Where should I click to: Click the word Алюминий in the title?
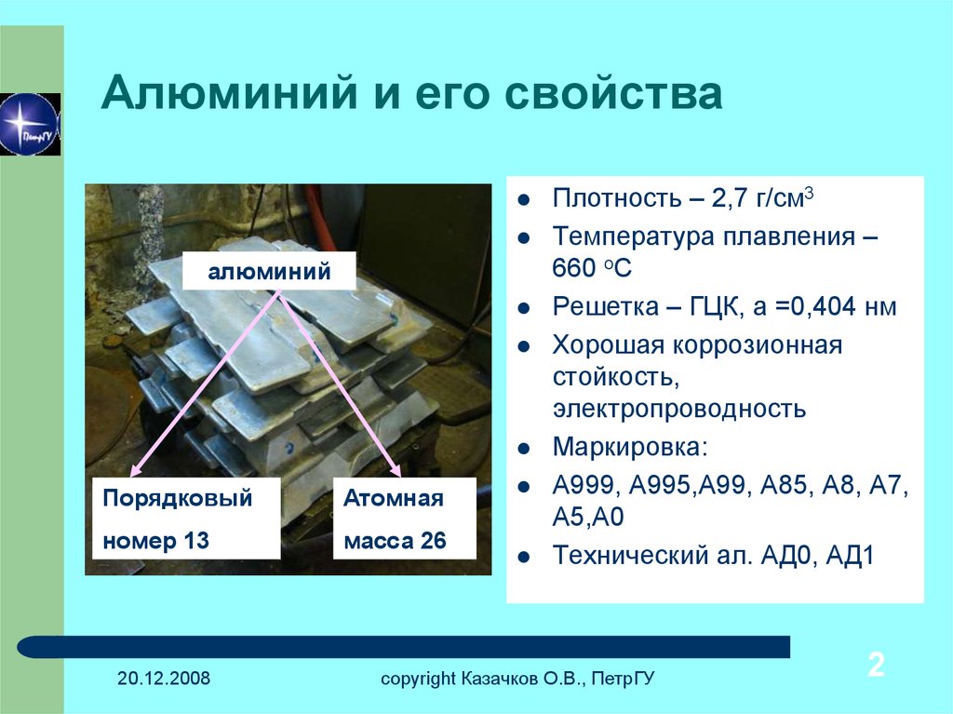click(229, 93)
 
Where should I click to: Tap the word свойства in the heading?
click(613, 93)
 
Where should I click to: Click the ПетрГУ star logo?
click(30, 124)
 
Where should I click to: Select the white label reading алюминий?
click(269, 271)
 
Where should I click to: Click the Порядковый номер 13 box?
click(186, 519)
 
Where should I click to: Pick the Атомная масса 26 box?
click(404, 519)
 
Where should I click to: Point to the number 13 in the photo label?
click(195, 540)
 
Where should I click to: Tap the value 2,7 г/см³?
click(762, 198)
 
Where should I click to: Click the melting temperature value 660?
click(574, 268)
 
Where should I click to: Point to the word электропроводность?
click(679, 408)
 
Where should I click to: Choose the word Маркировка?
click(630, 447)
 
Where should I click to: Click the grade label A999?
click(587, 485)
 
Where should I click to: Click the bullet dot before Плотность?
click(523, 199)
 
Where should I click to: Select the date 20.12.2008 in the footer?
click(164, 678)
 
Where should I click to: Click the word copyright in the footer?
click(418, 679)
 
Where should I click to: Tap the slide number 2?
click(876, 665)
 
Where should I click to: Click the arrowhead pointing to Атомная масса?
click(396, 469)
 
